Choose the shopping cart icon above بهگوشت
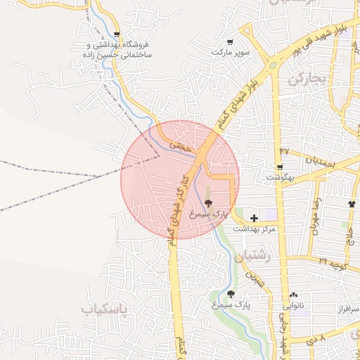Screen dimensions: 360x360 pos(280,167)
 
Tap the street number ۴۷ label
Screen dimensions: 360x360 pos(284,151)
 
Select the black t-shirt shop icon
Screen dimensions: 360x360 pos(351,204)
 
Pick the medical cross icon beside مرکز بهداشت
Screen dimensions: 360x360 pos(254,219)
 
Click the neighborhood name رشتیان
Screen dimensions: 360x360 pos(254,257)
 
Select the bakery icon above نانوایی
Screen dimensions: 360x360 pos(293,296)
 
